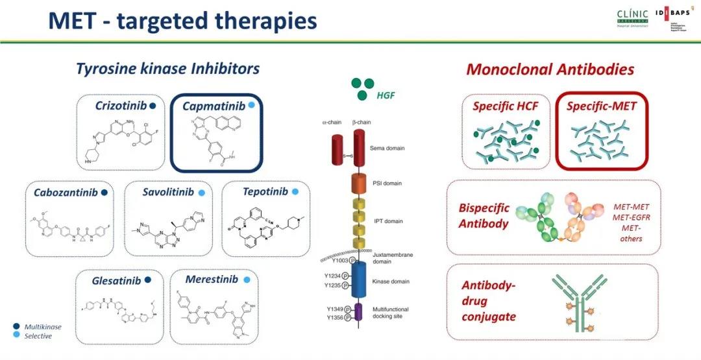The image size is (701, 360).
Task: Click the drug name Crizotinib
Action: [120, 106]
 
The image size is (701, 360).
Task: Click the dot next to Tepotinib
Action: [295, 192]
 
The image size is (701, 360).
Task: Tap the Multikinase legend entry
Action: [42, 327]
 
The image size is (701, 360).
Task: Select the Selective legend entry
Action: [38, 335]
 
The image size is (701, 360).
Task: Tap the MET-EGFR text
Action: [627, 217]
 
